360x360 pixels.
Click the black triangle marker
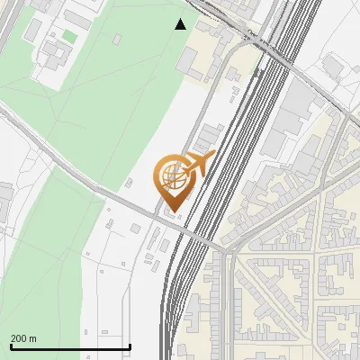(x=181, y=24)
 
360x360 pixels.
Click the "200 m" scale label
(x=23, y=338)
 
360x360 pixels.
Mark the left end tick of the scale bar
(x=11, y=346)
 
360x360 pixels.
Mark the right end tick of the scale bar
(x=130, y=346)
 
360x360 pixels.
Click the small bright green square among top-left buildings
(x=69, y=36)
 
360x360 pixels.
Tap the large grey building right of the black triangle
(x=188, y=61)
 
